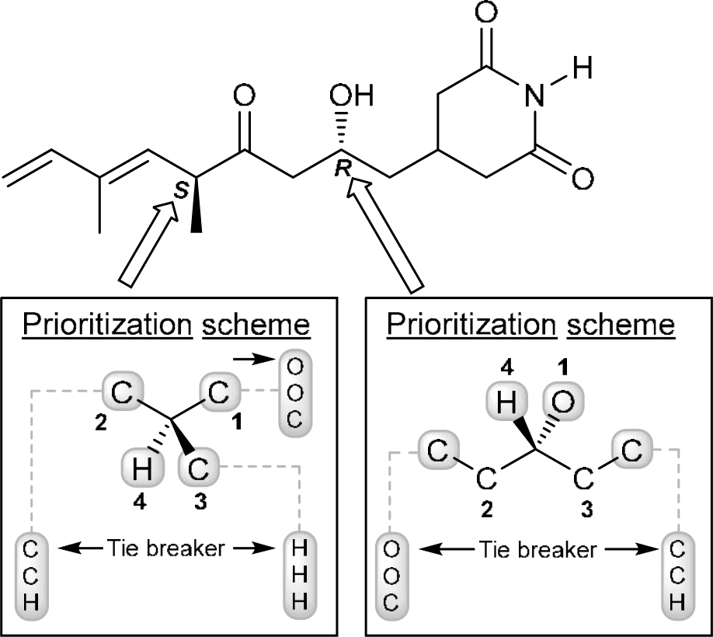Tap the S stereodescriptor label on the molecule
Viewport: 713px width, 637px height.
(x=179, y=191)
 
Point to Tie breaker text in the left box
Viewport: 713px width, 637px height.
(x=166, y=550)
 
